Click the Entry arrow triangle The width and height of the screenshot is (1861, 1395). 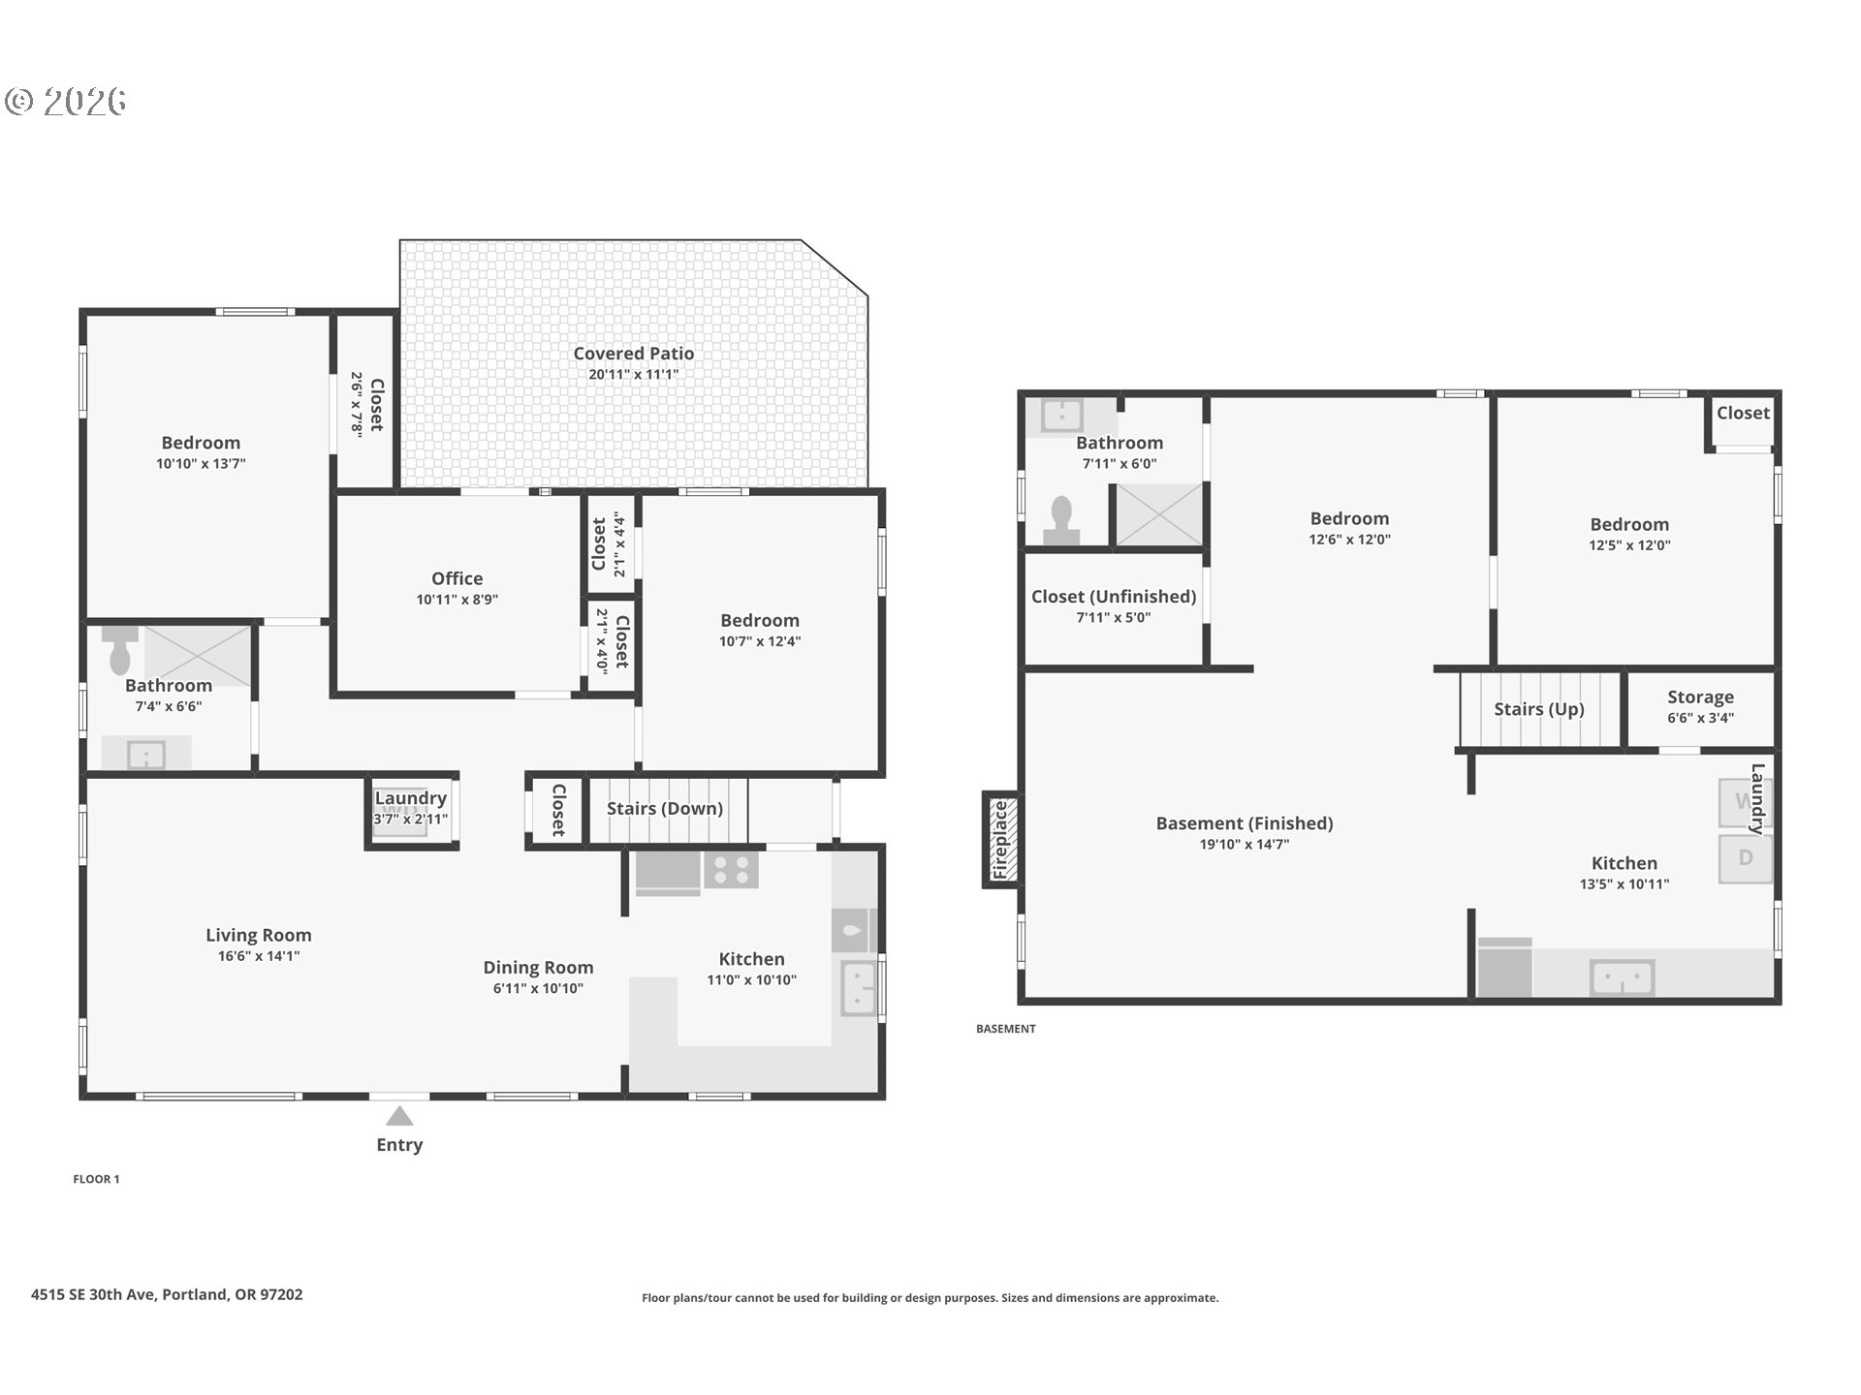pyautogui.click(x=399, y=1116)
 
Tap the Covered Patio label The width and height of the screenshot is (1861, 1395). pyautogui.click(x=634, y=354)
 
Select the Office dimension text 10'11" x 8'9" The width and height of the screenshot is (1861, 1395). pyautogui.click(x=457, y=600)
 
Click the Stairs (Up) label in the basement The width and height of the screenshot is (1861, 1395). pyautogui.click(x=1539, y=709)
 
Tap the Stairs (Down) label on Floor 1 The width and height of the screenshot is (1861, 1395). pyautogui.click(x=665, y=808)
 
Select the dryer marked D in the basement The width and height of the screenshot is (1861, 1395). pyautogui.click(x=1746, y=858)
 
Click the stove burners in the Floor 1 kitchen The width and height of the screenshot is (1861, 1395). pyautogui.click(x=731, y=870)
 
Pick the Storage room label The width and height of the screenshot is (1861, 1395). pyautogui.click(x=1701, y=697)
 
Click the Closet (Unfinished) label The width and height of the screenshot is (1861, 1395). pyautogui.click(x=1114, y=597)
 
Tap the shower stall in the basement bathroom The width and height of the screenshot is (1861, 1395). pyautogui.click(x=1159, y=514)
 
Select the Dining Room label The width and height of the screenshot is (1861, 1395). pyautogui.click(x=538, y=968)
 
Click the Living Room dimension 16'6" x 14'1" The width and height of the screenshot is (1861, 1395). pyautogui.click(x=259, y=956)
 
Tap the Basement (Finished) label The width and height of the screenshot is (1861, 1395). pyautogui.click(x=1245, y=823)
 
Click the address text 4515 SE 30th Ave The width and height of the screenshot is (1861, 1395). pyautogui.click(x=93, y=1294)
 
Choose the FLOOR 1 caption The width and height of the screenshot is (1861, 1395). pyautogui.click(x=96, y=1179)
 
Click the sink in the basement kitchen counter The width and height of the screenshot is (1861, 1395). pyautogui.click(x=1622, y=977)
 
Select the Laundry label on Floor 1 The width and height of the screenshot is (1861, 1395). pyautogui.click(x=411, y=798)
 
